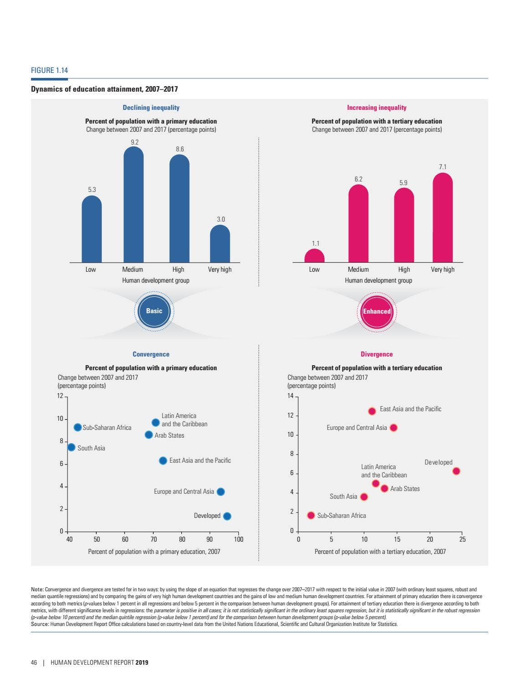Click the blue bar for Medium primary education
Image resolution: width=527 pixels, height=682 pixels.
point(133,205)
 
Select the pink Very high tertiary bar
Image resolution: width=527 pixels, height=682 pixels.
point(442,219)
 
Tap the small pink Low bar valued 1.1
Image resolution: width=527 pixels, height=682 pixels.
point(314,256)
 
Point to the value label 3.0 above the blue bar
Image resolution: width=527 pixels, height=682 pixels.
point(221,219)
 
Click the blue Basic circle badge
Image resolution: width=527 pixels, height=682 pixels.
point(154,311)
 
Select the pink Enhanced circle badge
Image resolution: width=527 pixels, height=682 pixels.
point(377,311)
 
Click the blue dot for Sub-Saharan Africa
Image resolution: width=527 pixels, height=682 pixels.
point(77,427)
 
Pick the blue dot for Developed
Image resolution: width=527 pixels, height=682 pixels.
point(227,516)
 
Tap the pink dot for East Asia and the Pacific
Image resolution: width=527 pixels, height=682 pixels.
point(372,411)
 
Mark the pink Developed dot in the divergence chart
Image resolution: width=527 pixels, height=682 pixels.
point(456,471)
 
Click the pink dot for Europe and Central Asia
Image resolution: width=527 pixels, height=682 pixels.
point(393,428)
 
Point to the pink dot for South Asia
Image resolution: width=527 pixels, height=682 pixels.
point(364,497)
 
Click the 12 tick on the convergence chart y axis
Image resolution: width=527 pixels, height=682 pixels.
point(60,396)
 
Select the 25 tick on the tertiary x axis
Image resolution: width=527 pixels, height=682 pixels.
point(462,539)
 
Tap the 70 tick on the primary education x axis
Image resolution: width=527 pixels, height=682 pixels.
point(154,539)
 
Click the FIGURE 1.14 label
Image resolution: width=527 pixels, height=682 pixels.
point(49,70)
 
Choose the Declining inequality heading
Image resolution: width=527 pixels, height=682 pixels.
point(151,108)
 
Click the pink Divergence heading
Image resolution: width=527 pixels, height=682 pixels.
point(377,354)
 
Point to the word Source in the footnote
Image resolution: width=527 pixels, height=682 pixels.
point(40,624)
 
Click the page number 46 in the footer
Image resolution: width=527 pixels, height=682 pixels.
point(34,662)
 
